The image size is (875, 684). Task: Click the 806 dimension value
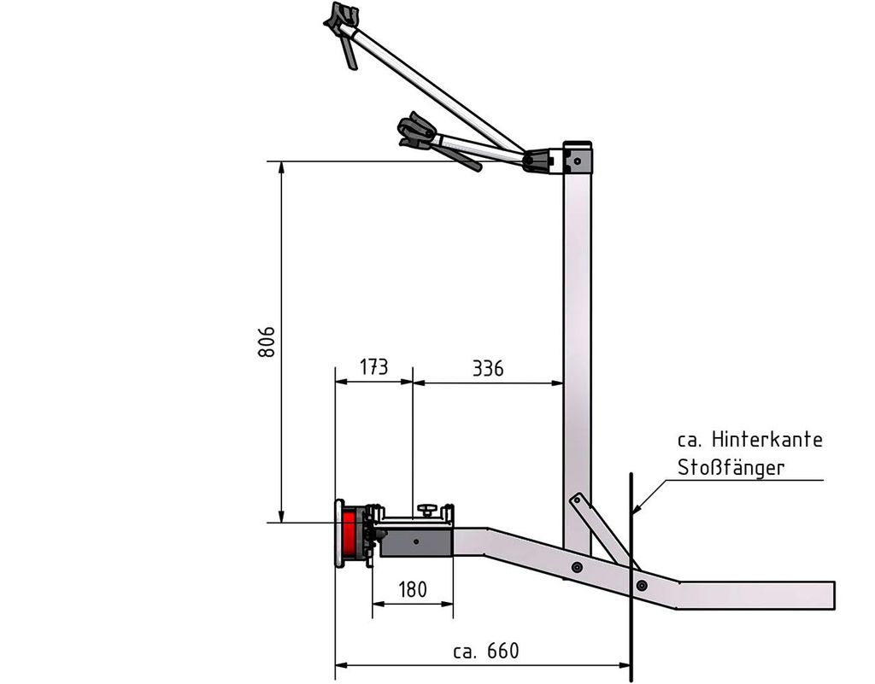(267, 342)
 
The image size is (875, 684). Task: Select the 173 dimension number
(373, 367)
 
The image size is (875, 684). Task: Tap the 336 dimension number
(488, 369)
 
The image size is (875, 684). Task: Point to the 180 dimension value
(413, 589)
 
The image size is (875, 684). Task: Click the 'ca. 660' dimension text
(486, 651)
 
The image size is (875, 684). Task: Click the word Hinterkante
(767, 440)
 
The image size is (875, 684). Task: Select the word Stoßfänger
(731, 467)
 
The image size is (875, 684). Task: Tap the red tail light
(349, 534)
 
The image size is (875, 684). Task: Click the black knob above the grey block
(427, 509)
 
